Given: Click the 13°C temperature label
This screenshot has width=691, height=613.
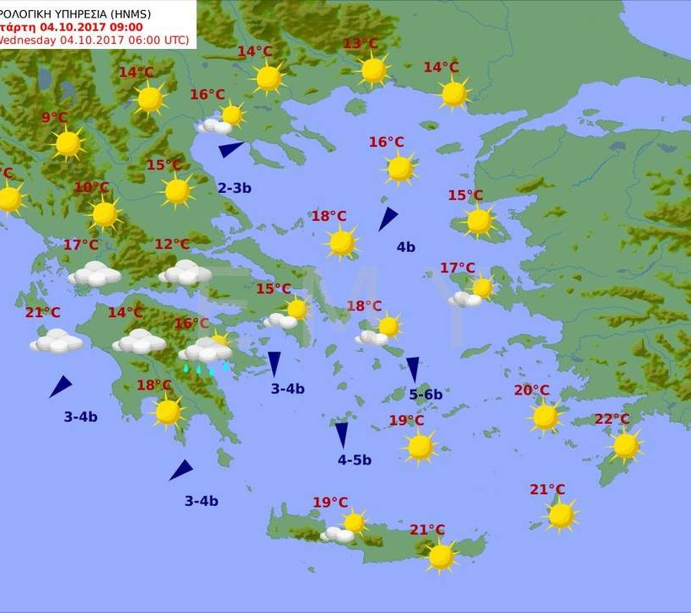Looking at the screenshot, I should (361, 44).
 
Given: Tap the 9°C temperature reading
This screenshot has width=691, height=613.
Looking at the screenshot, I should (54, 118).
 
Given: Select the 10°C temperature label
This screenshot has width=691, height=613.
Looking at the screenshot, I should (91, 187).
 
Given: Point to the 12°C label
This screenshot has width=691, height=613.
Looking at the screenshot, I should (172, 245).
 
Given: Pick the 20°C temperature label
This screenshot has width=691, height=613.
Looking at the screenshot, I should (532, 390).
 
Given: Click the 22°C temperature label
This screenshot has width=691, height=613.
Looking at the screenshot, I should (612, 419).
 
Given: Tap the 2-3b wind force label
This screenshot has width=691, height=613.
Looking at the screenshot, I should (234, 188).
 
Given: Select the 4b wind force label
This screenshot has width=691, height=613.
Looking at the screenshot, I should (406, 247).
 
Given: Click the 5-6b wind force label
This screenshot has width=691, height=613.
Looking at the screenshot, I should (426, 394).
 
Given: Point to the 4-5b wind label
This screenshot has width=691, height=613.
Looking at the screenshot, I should (355, 460).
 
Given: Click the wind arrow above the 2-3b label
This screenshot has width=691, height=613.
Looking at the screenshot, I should (230, 149).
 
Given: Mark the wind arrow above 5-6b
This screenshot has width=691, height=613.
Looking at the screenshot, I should (413, 368).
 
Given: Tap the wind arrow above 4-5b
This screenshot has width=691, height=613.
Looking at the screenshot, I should (341, 434).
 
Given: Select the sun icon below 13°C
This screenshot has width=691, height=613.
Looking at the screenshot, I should (373, 70).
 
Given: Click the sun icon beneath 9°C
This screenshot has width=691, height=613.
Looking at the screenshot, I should (68, 143).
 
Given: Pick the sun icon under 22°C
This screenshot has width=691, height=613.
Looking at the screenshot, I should (625, 445).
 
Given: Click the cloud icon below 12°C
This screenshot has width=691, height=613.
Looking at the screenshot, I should (185, 272).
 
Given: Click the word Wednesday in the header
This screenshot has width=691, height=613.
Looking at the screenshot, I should (27, 40).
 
